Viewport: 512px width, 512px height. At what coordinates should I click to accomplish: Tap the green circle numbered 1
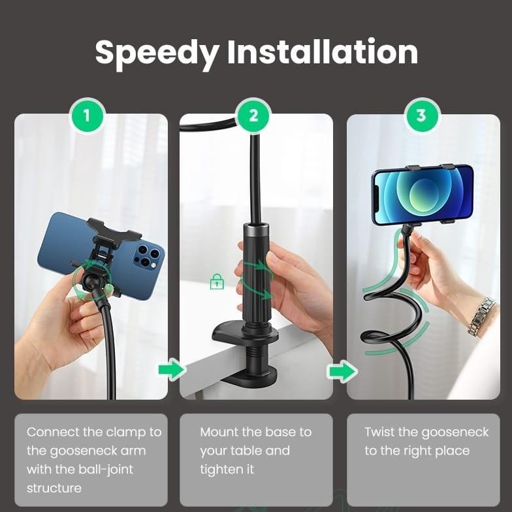pos(87,116)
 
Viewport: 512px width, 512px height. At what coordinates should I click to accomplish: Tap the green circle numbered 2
pos(254,116)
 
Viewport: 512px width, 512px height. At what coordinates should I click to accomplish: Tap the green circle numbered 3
pos(421,116)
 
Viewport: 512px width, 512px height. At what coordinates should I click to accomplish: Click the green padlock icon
pos(217,282)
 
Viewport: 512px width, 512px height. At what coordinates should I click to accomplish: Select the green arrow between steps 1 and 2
pos(172,370)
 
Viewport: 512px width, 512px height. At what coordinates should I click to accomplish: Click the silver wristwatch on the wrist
pos(481,316)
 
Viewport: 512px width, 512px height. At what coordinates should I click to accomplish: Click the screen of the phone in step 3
pos(423,195)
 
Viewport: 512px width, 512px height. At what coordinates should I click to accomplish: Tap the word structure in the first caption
pos(54,488)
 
